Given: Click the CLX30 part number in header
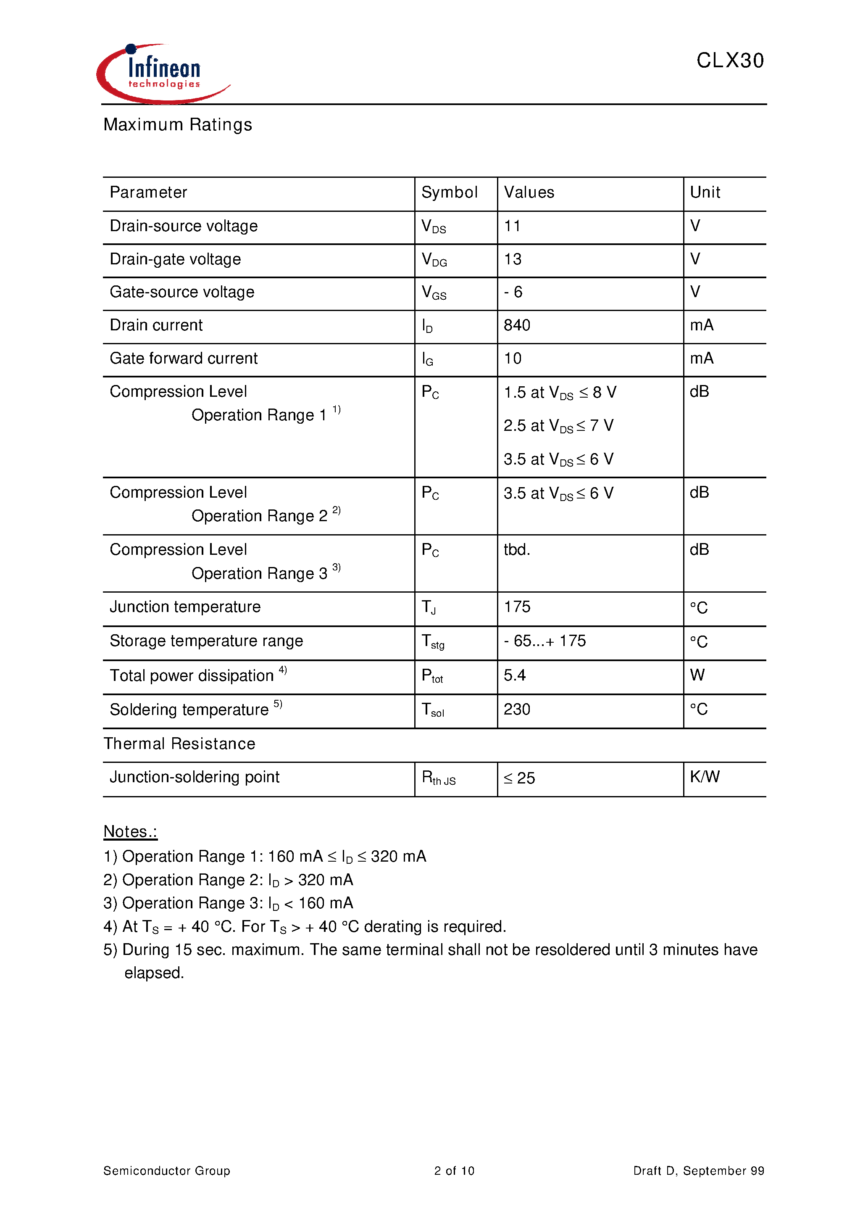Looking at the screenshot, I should [x=729, y=61].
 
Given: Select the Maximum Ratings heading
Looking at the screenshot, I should [x=178, y=125].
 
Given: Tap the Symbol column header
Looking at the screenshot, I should [x=449, y=192].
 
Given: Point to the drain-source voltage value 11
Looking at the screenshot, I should [x=512, y=226].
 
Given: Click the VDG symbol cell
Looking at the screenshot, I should [x=434, y=260].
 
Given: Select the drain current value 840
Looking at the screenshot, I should [x=516, y=325].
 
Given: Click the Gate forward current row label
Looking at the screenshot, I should [x=184, y=359].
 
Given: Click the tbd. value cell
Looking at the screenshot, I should [x=516, y=550].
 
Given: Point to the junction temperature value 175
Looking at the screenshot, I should [x=517, y=607].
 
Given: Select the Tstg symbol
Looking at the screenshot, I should [x=433, y=641].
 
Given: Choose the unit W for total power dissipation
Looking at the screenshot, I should [x=697, y=675].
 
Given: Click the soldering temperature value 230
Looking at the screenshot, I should [x=516, y=709].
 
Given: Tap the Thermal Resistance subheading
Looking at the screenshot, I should [x=179, y=744].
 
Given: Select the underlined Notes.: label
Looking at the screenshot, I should [x=130, y=831].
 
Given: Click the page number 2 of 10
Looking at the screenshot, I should [x=454, y=1171].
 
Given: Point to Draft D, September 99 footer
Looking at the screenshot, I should [x=698, y=1171].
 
